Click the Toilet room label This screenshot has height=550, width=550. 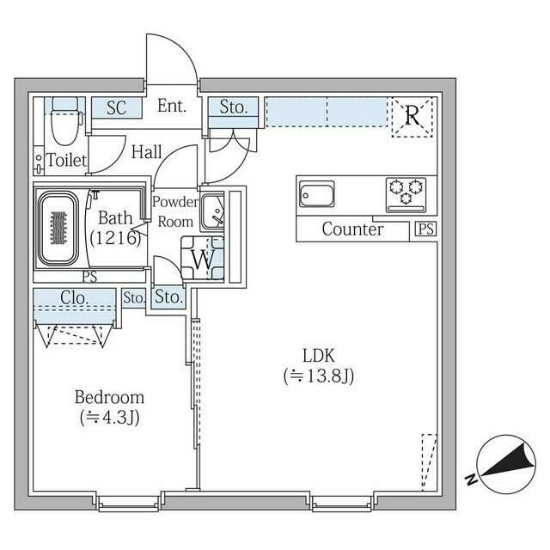pyautogui.click(x=66, y=161)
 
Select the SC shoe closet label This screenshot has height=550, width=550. pyautogui.click(x=117, y=108)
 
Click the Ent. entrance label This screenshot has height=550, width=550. pyautogui.click(x=173, y=107)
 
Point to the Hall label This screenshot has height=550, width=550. pyautogui.click(x=147, y=152)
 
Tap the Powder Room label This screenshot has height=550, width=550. pyautogui.click(x=175, y=211)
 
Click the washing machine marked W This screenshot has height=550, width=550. pyautogui.click(x=203, y=257)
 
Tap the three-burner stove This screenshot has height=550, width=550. pyautogui.click(x=406, y=193)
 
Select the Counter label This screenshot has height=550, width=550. pyautogui.click(x=352, y=229)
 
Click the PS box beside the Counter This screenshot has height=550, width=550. pyautogui.click(x=425, y=229)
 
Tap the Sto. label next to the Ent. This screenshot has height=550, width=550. pyautogui.click(x=233, y=108)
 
